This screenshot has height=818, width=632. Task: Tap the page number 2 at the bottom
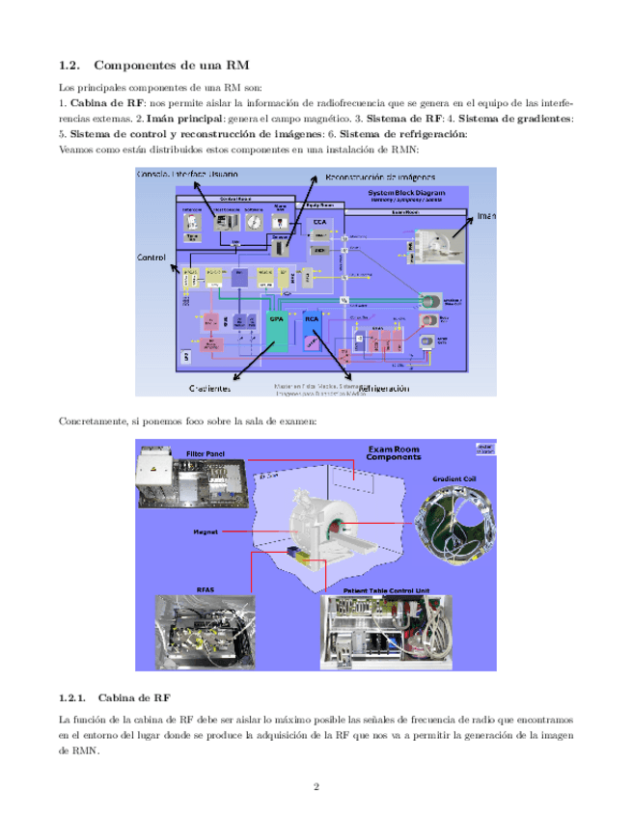coord(316,786)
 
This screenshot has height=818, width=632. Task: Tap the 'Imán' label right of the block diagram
coord(484,216)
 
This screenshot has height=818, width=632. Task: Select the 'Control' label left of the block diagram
coord(151,258)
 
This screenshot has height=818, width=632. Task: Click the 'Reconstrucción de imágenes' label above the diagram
coord(380,177)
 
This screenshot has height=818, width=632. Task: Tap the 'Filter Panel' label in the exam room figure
coord(205,450)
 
